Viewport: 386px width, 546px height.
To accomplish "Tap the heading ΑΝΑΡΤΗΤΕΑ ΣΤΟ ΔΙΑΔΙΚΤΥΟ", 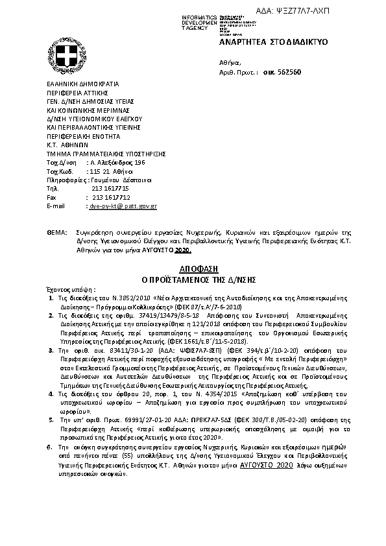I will (x=274, y=42).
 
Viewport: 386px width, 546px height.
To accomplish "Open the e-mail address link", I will (x=122, y=206).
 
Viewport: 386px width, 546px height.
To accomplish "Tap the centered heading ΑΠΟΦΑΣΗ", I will (x=193, y=268).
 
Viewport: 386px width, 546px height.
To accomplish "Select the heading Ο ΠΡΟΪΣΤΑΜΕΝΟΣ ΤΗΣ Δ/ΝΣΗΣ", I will (x=193, y=279).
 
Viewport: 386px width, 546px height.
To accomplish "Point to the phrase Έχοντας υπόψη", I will (x=71, y=289).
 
